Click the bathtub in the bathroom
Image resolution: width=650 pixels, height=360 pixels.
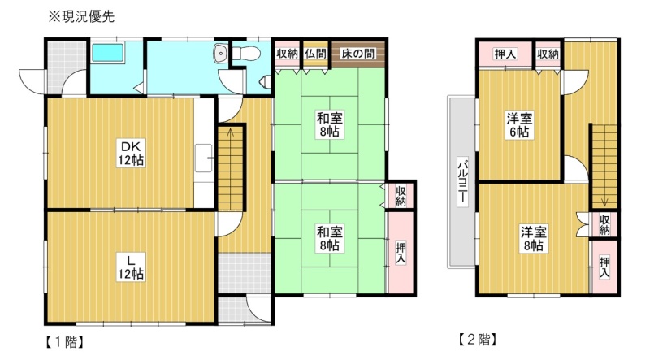pos(108,53)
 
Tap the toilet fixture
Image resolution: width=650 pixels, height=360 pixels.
pos(246,53)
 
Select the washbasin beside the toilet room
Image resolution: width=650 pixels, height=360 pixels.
pos(219,54)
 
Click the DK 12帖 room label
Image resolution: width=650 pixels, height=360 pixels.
pos(131,153)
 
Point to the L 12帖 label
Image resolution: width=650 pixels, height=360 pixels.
pos(131,267)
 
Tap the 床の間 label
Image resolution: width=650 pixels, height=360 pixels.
pos(357,54)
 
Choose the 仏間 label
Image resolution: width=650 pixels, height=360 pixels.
pos(316,54)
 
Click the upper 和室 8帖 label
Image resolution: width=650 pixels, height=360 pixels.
pos(330,124)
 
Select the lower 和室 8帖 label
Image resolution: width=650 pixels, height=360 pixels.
pos(330,238)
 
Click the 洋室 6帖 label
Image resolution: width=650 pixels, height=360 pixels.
pos(519,125)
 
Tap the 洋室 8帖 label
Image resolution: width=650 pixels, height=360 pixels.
pos(534,238)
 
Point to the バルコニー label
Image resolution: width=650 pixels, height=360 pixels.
pos(462,181)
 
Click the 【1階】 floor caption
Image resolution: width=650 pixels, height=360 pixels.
pos(65,342)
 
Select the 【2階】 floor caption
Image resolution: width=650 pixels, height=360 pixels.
pos(477,340)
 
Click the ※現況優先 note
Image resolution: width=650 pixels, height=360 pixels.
pos(81,16)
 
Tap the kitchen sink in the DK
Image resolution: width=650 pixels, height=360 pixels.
pos(204,158)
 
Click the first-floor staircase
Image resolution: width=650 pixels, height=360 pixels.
pos(231,168)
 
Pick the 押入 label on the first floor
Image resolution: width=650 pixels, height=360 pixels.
pos(401,253)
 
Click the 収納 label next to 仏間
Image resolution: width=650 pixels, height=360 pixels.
pos(287,54)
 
